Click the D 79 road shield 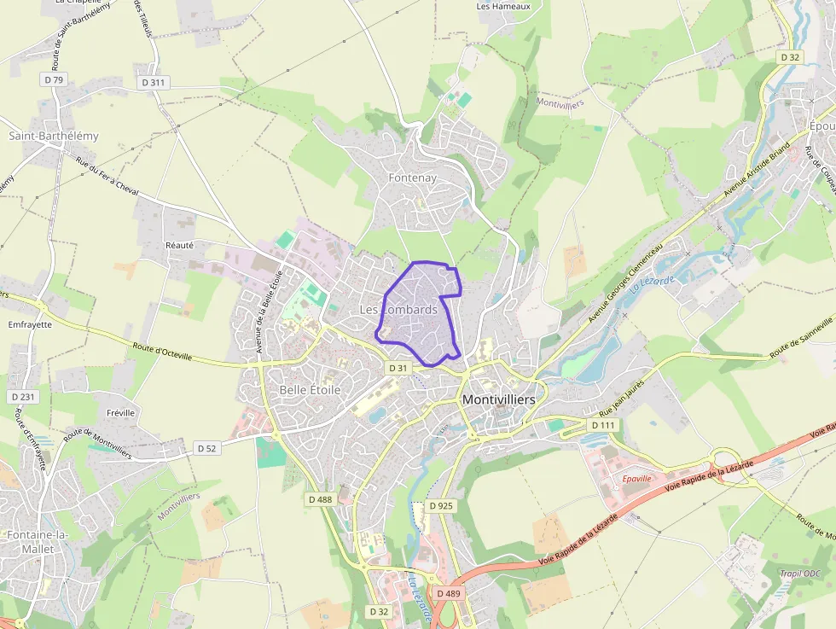click(53, 79)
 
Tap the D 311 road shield click(154, 83)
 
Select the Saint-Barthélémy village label click(54, 136)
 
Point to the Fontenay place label click(412, 178)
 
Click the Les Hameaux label click(503, 6)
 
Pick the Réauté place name click(179, 245)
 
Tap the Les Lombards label click(398, 309)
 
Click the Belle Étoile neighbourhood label click(310, 390)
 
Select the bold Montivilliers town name click(499, 399)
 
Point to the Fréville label click(121, 413)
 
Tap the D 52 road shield click(207, 448)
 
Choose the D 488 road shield click(320, 498)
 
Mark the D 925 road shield click(441, 505)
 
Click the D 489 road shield click(448, 593)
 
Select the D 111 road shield click(603, 425)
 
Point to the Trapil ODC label click(799, 574)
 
